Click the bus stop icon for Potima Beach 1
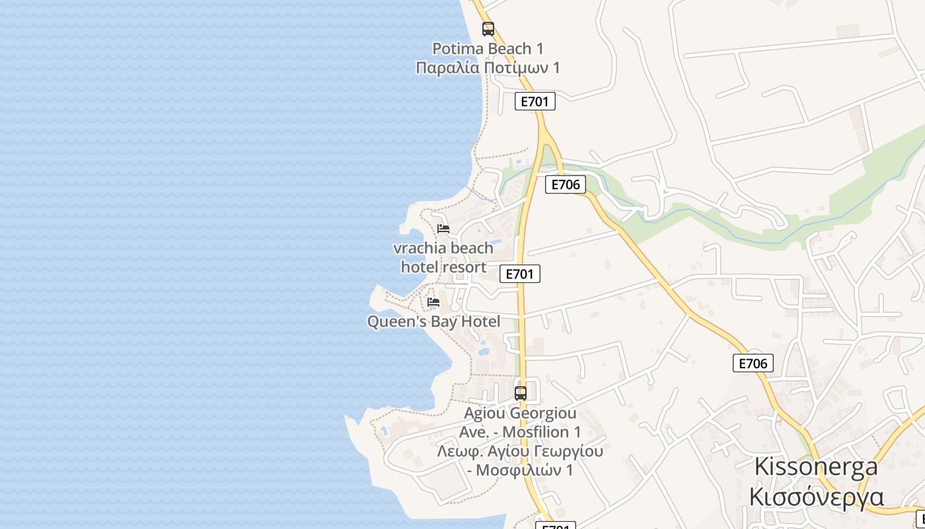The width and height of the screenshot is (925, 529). [x=488, y=29]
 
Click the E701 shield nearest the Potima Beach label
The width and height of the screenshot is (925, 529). [x=535, y=101]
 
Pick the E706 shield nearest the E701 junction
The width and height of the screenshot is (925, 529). [x=566, y=184]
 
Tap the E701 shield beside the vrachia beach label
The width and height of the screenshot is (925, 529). [x=520, y=274]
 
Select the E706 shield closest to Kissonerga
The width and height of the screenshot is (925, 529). [x=753, y=363]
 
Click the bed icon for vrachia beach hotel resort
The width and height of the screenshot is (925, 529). [x=443, y=229]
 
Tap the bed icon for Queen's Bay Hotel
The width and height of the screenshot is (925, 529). [x=433, y=302]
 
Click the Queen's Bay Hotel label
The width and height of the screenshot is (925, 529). [x=433, y=321]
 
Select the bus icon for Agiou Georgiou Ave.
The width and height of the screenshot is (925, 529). [x=521, y=393]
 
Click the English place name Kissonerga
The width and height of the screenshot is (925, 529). [x=816, y=466]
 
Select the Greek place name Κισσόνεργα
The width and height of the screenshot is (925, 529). [x=816, y=496]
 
